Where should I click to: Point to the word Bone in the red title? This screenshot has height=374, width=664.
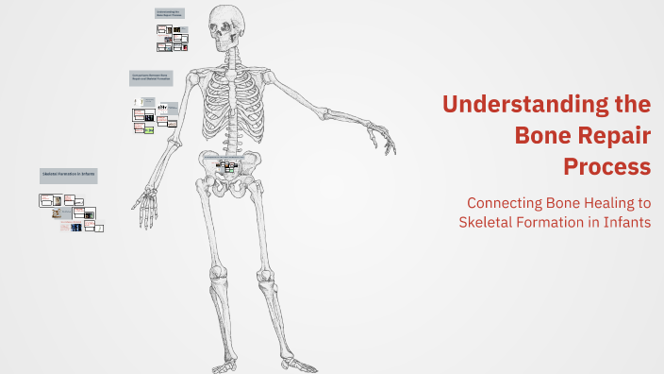pos(540,135)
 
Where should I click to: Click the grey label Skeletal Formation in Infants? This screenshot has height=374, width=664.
pos(69,176)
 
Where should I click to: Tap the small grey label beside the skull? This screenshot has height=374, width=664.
pos(170,15)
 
